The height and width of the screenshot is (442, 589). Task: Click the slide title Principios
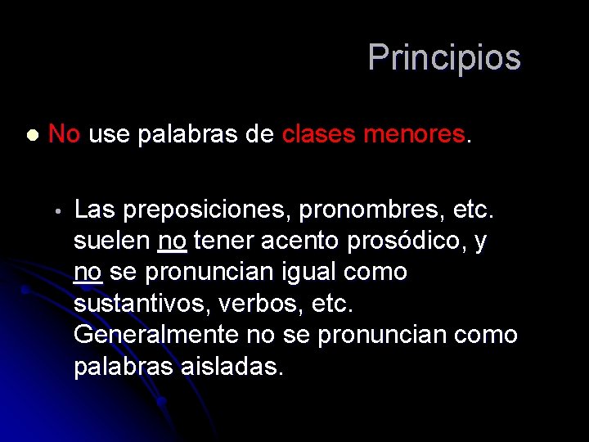(443, 58)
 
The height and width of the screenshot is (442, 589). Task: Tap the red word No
(64, 133)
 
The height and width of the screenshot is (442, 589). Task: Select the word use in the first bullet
(110, 134)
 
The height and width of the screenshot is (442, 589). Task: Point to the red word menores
(414, 134)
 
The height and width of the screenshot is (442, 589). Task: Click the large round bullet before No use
(31, 135)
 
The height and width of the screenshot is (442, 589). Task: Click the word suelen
(112, 241)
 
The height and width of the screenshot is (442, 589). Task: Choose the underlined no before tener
(172, 241)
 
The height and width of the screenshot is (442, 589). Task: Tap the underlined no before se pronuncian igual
(88, 272)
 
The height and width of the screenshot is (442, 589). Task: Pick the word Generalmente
(155, 335)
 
